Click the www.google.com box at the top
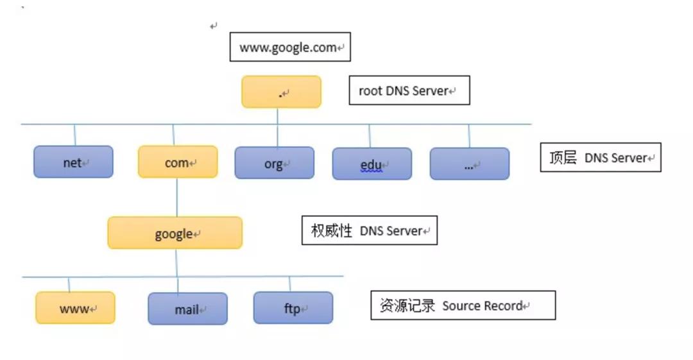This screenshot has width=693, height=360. click(290, 47)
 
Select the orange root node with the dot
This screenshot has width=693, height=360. click(281, 92)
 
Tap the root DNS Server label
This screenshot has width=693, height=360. click(409, 90)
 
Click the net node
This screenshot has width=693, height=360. click(73, 162)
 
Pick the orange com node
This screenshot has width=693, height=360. click(178, 162)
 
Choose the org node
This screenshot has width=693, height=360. click(274, 163)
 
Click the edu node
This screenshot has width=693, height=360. click(372, 164)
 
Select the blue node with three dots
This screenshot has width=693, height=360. click(469, 164)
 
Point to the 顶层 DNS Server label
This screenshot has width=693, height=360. click(600, 158)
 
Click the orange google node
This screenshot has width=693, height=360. click(175, 233)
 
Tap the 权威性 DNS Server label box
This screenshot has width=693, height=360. click(369, 230)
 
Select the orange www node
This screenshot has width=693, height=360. click(75, 308)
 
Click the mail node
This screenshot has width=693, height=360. click(187, 309)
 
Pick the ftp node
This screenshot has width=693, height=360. click(293, 308)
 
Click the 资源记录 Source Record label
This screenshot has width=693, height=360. click(463, 305)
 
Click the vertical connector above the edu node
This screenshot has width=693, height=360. click(370, 136)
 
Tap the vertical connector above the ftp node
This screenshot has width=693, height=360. click(290, 284)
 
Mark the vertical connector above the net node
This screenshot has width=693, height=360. click(74, 135)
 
